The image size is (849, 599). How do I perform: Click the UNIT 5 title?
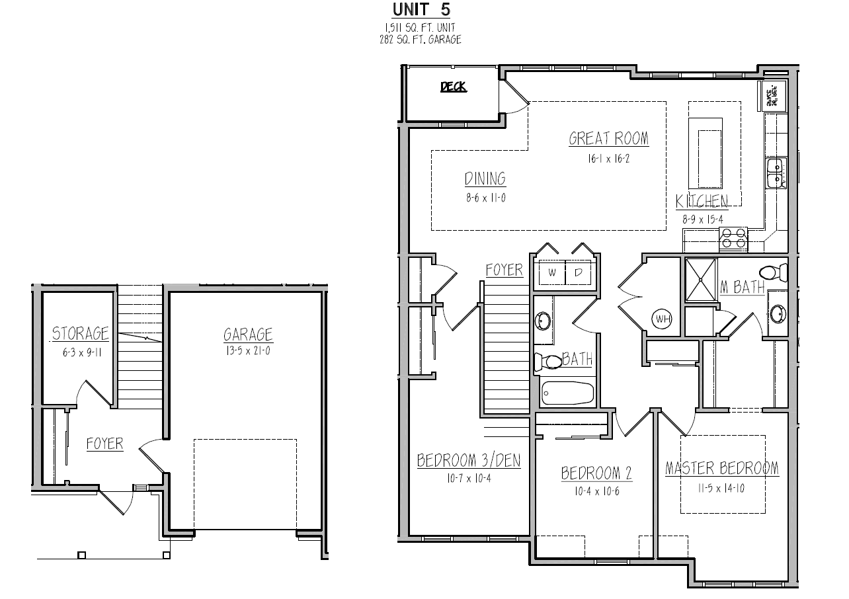(x=422, y=10)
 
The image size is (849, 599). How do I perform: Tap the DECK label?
(x=454, y=87)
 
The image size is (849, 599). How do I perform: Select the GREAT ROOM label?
(x=608, y=139)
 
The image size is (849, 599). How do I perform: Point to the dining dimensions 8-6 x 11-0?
(x=485, y=198)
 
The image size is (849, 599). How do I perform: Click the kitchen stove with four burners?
(x=733, y=239)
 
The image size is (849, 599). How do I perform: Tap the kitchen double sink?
(x=774, y=174)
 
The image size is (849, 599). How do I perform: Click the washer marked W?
(x=551, y=272)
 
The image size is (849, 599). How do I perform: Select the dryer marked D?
(x=578, y=272)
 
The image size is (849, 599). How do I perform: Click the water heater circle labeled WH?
(x=663, y=319)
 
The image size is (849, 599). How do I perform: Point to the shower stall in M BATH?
(x=700, y=280)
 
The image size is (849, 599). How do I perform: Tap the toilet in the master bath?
(x=773, y=272)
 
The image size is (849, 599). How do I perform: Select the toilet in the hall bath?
(x=546, y=362)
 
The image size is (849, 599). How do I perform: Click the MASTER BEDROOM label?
(x=721, y=469)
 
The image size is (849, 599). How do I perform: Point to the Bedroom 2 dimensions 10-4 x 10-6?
(x=596, y=491)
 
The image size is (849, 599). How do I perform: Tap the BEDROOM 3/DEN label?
(x=468, y=461)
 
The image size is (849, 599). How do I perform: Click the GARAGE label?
(x=248, y=335)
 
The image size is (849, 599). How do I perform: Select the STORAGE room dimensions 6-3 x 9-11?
(x=80, y=352)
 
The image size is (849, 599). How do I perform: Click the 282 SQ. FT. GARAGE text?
(x=416, y=40)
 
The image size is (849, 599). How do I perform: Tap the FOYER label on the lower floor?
(x=104, y=444)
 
